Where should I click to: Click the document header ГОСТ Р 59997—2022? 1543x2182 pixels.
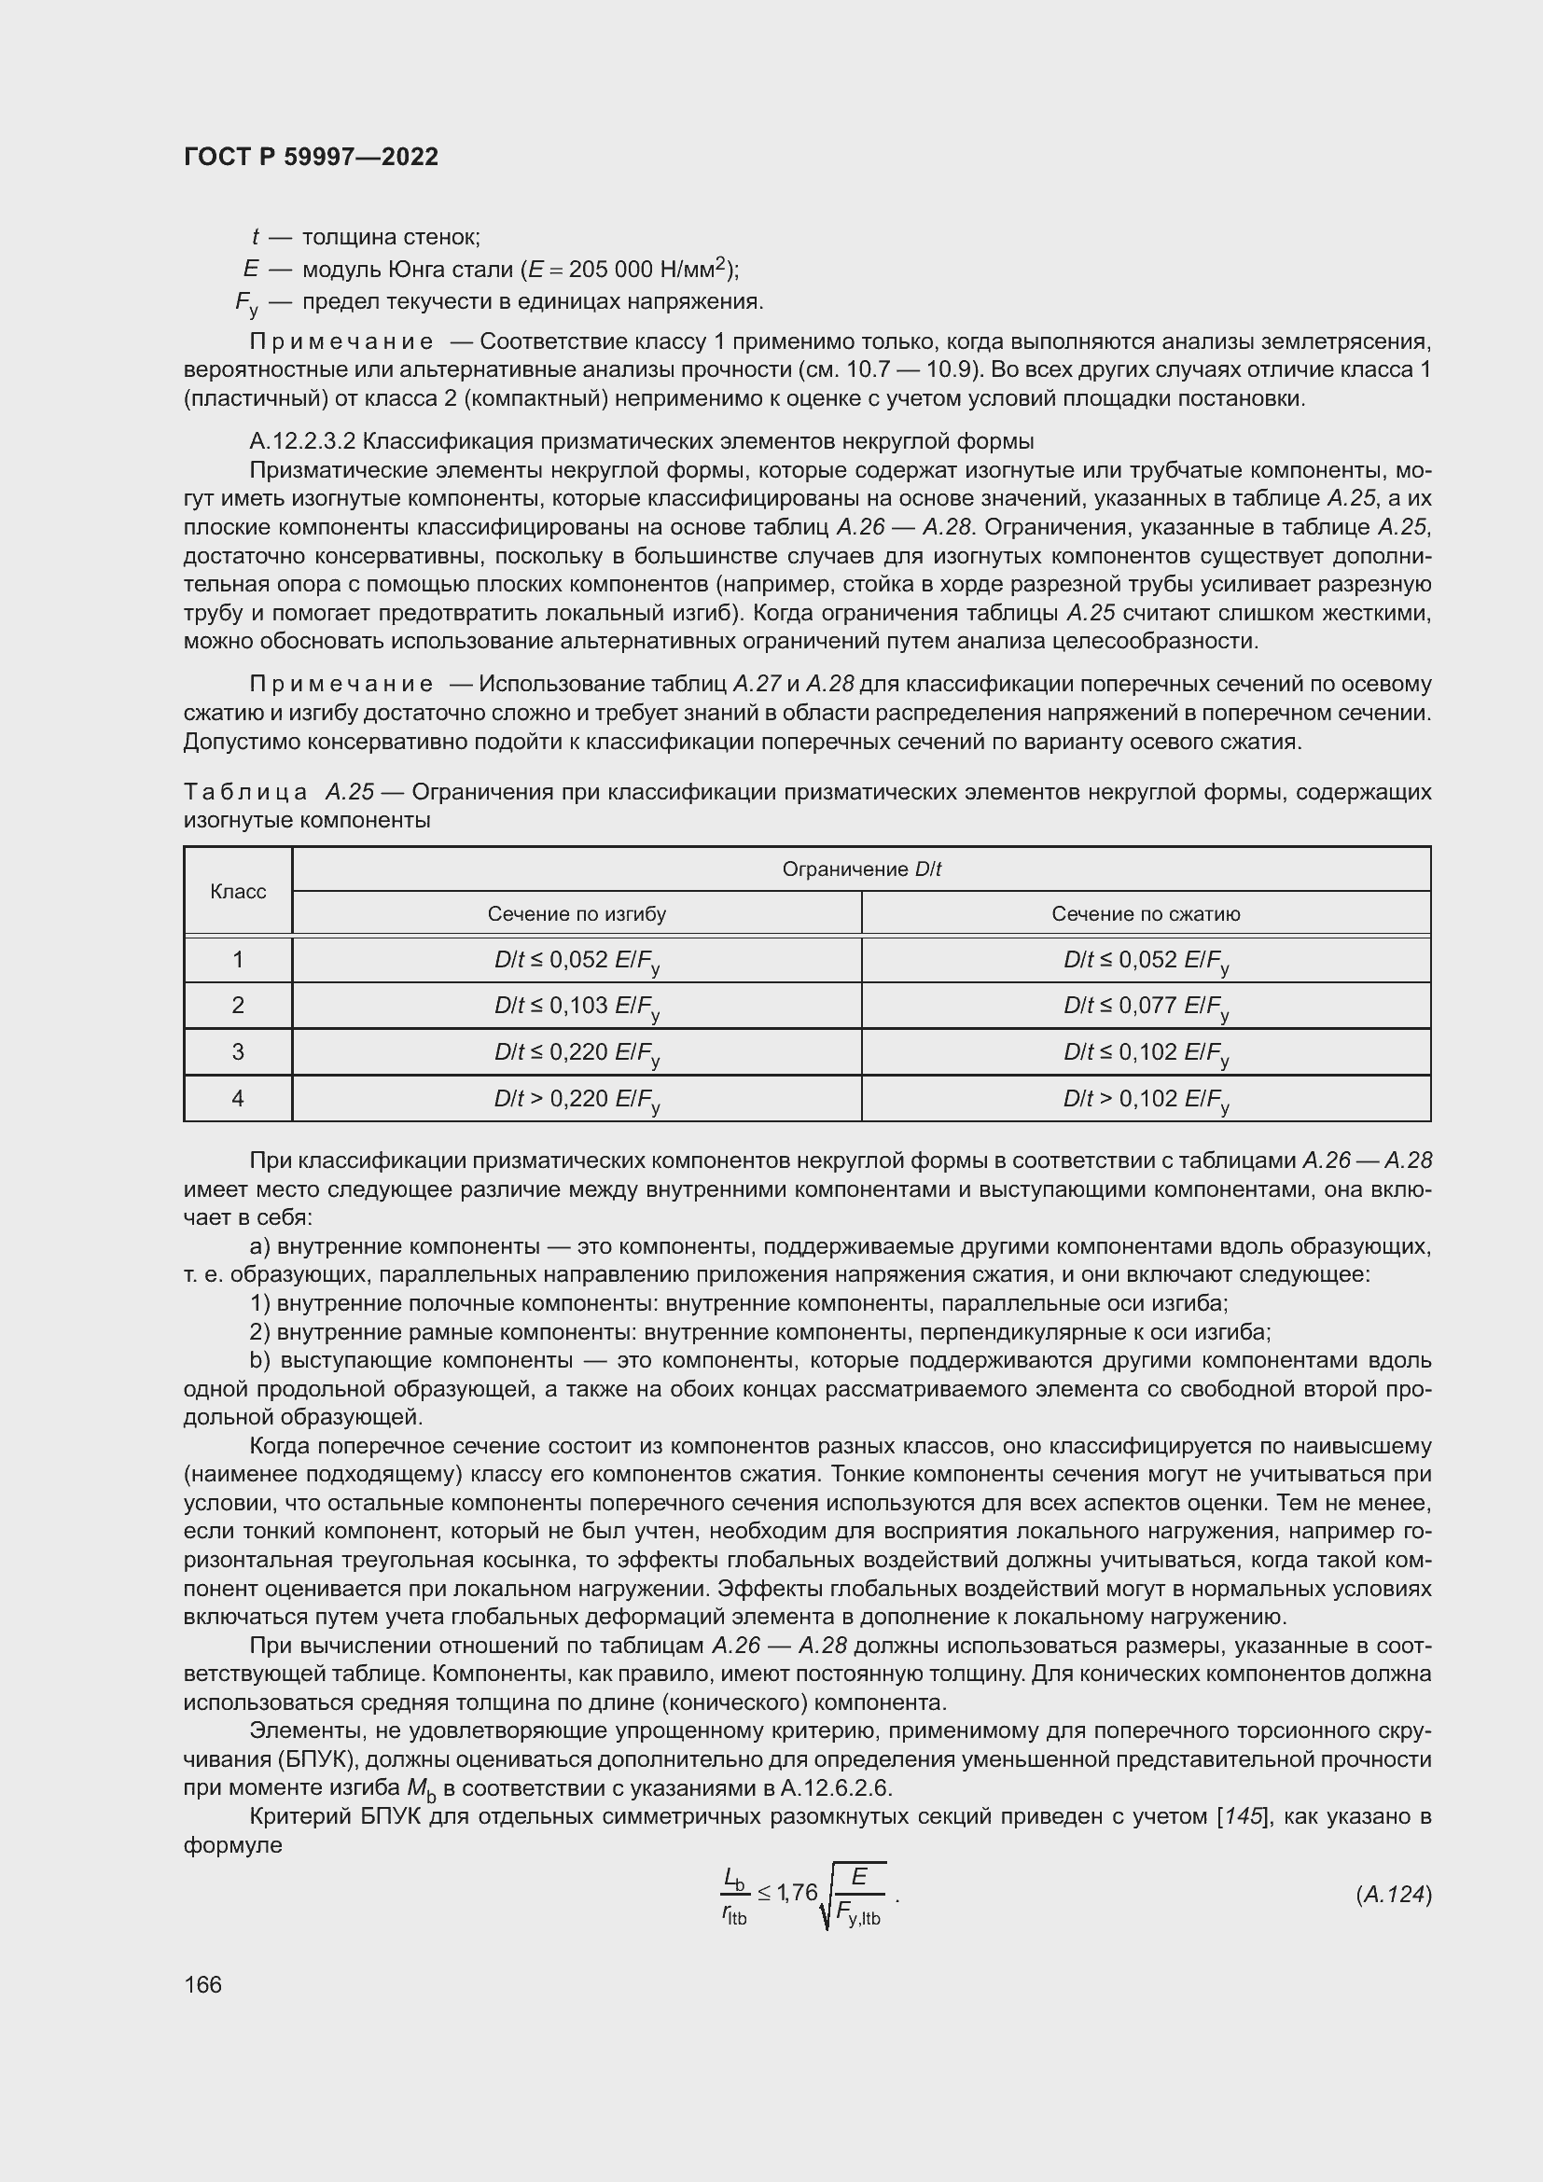[x=311, y=157]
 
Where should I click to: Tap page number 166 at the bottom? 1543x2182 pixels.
[x=202, y=1984]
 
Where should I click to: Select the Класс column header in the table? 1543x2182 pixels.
[x=238, y=892]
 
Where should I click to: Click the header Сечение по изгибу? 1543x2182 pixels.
[x=577, y=914]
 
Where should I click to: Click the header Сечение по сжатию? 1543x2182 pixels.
[x=1145, y=914]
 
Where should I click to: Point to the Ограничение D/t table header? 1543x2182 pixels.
[x=861, y=869]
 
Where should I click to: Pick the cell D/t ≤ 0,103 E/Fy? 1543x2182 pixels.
[x=577, y=1007]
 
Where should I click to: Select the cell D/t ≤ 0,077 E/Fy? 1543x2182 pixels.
[x=1145, y=1007]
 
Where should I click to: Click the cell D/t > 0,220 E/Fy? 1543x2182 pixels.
[x=577, y=1100]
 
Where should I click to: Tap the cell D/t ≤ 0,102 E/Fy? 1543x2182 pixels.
[x=1145, y=1053]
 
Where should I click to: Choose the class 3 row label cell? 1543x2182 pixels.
[x=238, y=1052]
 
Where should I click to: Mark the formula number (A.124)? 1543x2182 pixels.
[x=1393, y=1895]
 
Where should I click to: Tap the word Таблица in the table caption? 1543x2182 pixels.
[x=245, y=792]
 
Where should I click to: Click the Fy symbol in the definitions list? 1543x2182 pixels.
[x=246, y=304]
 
